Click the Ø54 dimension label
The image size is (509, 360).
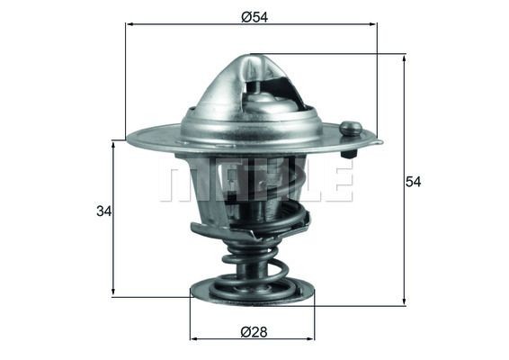pyautogui.click(x=251, y=15)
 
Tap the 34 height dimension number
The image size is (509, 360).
pyautogui.click(x=103, y=212)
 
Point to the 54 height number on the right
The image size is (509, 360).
pyautogui.click(x=413, y=181)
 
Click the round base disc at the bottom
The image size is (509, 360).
pyautogui.click(x=253, y=290)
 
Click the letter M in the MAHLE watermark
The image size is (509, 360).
pyautogui.click(x=179, y=181)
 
